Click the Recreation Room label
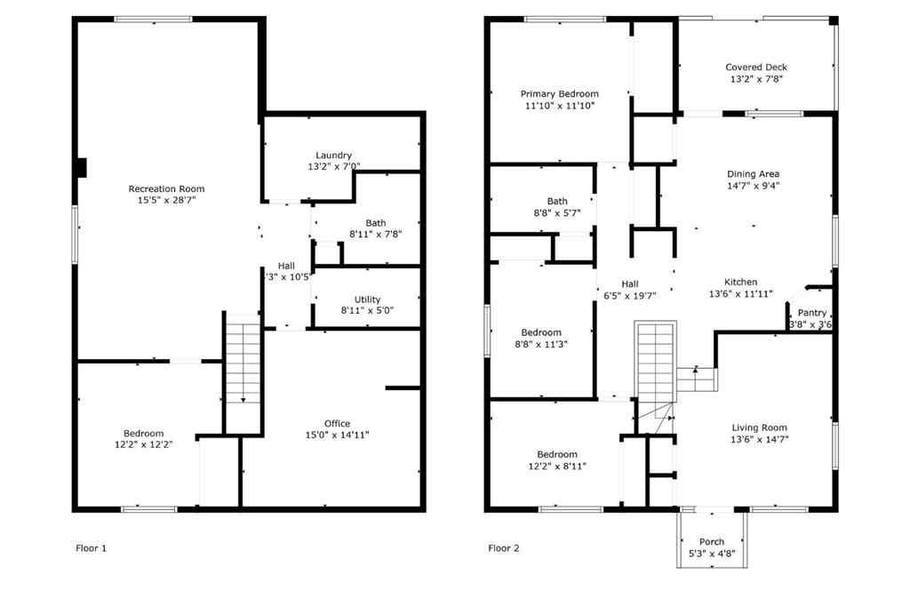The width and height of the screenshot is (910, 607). (x=166, y=188)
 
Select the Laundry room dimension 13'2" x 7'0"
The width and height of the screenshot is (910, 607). (x=333, y=166)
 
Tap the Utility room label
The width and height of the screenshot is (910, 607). (x=367, y=300)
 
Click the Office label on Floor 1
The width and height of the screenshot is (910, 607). (x=337, y=423)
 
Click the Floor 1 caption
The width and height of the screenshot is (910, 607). (x=91, y=548)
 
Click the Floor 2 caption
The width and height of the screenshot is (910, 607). (x=503, y=548)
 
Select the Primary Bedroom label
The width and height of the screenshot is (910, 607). (x=559, y=93)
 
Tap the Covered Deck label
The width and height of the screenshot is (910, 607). (x=756, y=67)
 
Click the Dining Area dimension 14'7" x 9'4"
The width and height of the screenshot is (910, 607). (x=754, y=186)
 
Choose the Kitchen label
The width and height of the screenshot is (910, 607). (x=740, y=282)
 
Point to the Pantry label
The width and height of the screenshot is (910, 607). (x=811, y=313)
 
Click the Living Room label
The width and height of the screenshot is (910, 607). (x=759, y=427)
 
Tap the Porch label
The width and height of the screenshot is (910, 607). (x=712, y=541)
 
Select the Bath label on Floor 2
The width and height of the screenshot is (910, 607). (x=557, y=201)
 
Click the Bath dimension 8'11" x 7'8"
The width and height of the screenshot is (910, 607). (x=375, y=235)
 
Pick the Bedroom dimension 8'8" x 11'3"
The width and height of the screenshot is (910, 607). (x=541, y=344)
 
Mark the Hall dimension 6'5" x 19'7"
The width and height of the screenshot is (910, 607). (x=629, y=296)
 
